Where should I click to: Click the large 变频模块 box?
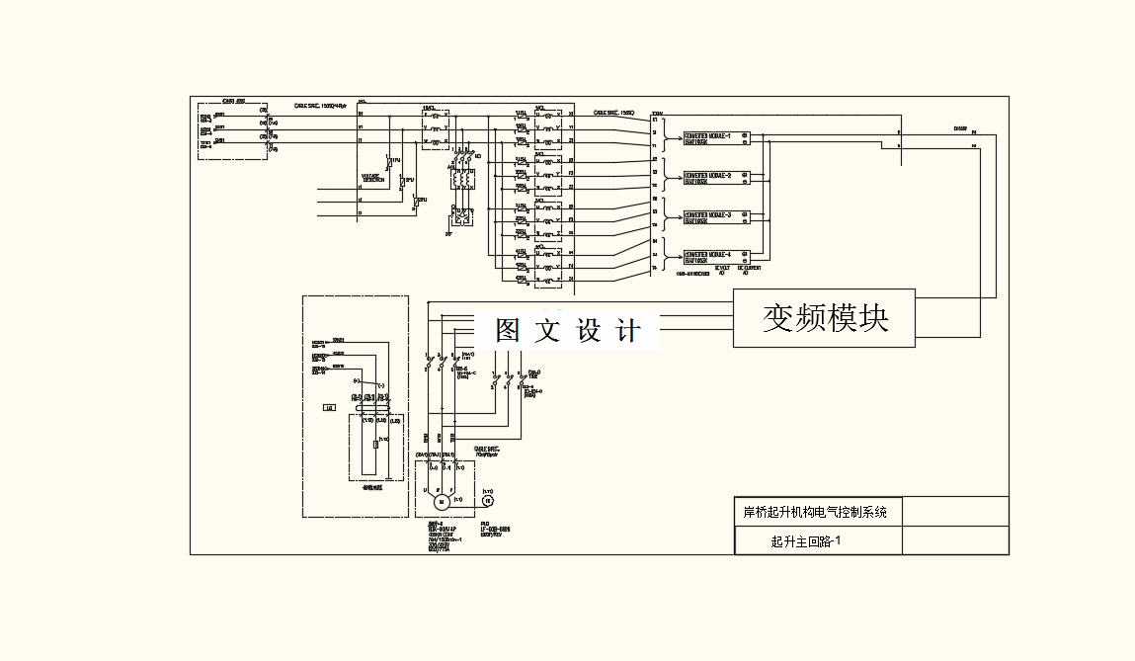point(824,318)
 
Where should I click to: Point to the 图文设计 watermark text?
point(568,331)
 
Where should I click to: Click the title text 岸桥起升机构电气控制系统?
point(815,512)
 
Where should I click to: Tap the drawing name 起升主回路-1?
point(804,541)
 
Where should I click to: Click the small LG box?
point(329,407)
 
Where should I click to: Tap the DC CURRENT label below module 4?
point(749,268)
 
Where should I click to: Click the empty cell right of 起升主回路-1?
point(955,541)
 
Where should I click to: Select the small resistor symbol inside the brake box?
point(376,445)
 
